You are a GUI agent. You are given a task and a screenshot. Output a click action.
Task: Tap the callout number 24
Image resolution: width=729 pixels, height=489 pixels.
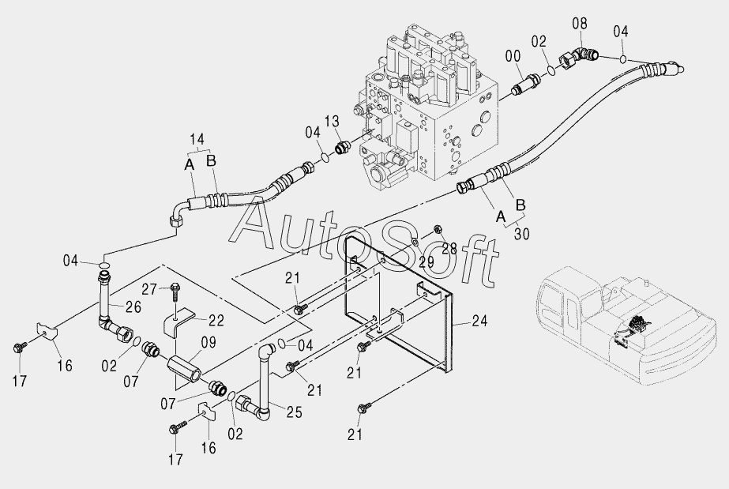pos(481,322)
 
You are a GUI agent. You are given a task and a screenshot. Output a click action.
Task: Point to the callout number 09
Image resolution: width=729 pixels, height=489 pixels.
pos(186,343)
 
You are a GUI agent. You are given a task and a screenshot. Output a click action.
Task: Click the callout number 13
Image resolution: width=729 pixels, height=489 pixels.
pos(331,120)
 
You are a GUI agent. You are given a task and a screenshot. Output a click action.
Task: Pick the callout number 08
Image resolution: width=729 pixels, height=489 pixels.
pos(580,24)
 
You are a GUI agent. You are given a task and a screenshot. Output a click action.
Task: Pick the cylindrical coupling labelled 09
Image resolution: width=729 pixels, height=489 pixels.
pos(186,368)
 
